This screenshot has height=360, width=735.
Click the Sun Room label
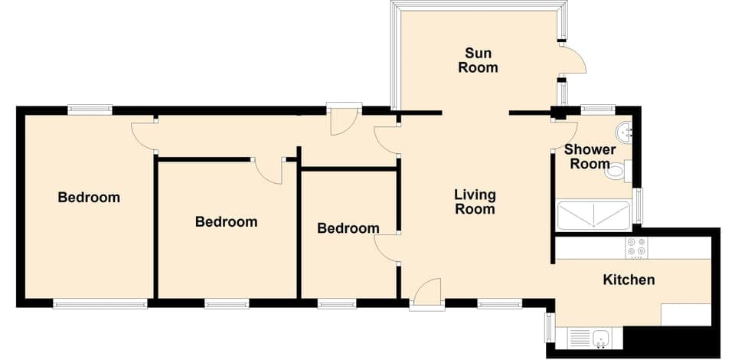[x=478, y=61]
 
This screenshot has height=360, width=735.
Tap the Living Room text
[x=475, y=201]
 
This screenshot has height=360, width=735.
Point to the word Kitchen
[x=629, y=280]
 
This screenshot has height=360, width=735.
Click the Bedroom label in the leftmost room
[x=89, y=198]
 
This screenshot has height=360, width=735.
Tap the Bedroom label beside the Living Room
[x=348, y=228]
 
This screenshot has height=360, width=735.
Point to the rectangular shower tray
[x=593, y=216]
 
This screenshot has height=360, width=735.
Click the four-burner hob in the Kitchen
[x=636, y=247]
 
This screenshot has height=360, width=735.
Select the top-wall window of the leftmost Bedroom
[x=90, y=110]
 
